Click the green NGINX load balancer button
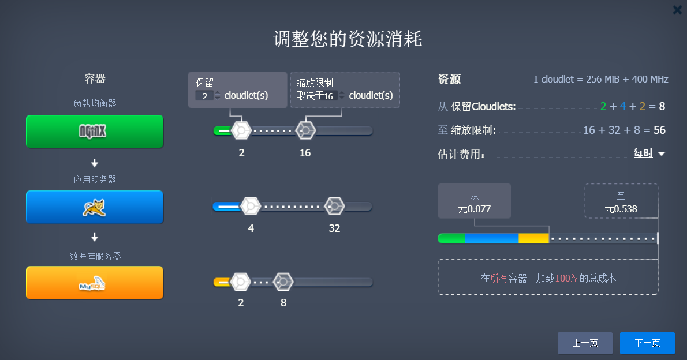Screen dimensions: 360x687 pos(95,131)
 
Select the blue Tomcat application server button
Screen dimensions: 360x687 pos(95,207)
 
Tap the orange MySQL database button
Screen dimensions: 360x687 pos(95,283)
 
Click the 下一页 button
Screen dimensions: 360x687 pos(647,343)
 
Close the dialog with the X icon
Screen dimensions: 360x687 pos(677,10)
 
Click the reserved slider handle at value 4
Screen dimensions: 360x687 pos(251,206)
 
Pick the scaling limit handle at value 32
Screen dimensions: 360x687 pos(334,206)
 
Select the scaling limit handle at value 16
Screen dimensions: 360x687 pos(305,130)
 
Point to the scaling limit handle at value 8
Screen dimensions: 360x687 pos(283,282)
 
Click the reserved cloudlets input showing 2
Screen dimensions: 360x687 pos(204,96)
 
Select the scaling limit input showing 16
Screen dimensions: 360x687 pos(328,96)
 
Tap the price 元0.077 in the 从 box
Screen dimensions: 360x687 pos(474,209)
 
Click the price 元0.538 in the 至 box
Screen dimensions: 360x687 pos(621,209)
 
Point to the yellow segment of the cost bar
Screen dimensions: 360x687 pos(533,238)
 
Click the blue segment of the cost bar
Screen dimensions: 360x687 pos(491,238)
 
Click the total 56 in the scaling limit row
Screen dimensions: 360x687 pos(659,130)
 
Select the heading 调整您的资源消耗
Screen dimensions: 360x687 pos(348,39)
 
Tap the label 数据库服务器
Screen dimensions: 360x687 pos(95,256)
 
